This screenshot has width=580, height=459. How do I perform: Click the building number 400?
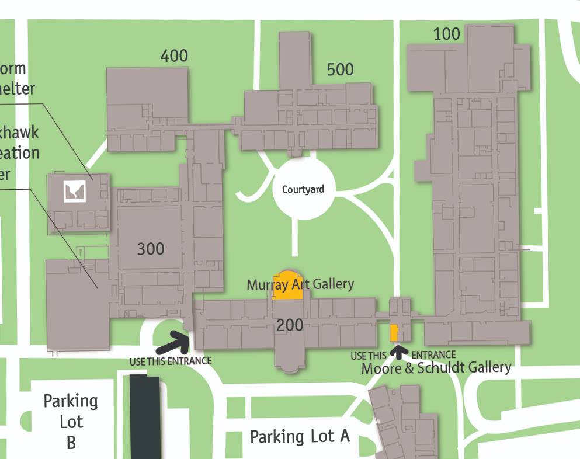[x=174, y=56]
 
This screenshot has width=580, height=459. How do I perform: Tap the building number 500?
[x=340, y=69]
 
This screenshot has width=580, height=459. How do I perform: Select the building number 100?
[x=447, y=34]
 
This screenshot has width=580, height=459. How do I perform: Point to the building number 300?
[x=151, y=249]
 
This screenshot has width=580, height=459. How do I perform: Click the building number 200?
[x=290, y=325]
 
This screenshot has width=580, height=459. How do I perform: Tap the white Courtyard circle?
[x=303, y=189]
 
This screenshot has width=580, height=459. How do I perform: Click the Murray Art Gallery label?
[x=300, y=284]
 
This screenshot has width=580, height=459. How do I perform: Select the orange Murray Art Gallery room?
[x=288, y=287]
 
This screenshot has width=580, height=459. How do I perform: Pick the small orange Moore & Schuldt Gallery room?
[x=394, y=332]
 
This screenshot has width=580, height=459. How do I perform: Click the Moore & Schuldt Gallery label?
[x=436, y=368]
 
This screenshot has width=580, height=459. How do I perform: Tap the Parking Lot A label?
[x=300, y=436]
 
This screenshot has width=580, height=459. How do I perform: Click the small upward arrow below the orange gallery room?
[x=399, y=352]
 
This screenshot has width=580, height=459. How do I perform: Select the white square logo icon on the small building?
[x=75, y=191]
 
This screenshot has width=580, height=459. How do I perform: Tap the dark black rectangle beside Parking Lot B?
[x=145, y=417]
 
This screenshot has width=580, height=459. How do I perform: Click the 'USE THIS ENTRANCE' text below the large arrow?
[x=170, y=361]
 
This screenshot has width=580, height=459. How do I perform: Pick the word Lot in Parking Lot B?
[x=71, y=422]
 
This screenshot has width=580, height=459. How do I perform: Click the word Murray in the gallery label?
[x=267, y=285]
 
